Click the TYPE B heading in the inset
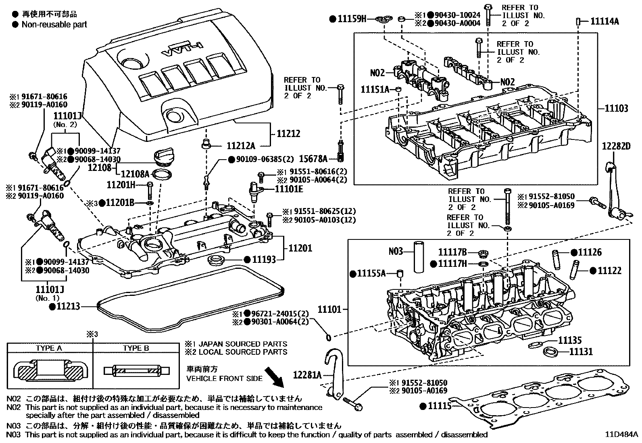pyautogui.click(x=136, y=348)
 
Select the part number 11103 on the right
pyautogui.click(x=617, y=108)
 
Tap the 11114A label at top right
pyautogui.click(x=604, y=21)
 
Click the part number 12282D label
pyautogui.click(x=616, y=146)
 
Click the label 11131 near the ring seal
pyautogui.click(x=581, y=352)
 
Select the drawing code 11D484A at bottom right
pyautogui.click(x=621, y=435)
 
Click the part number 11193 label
pyautogui.click(x=265, y=260)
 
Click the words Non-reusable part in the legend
pyautogui.click(x=54, y=24)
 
